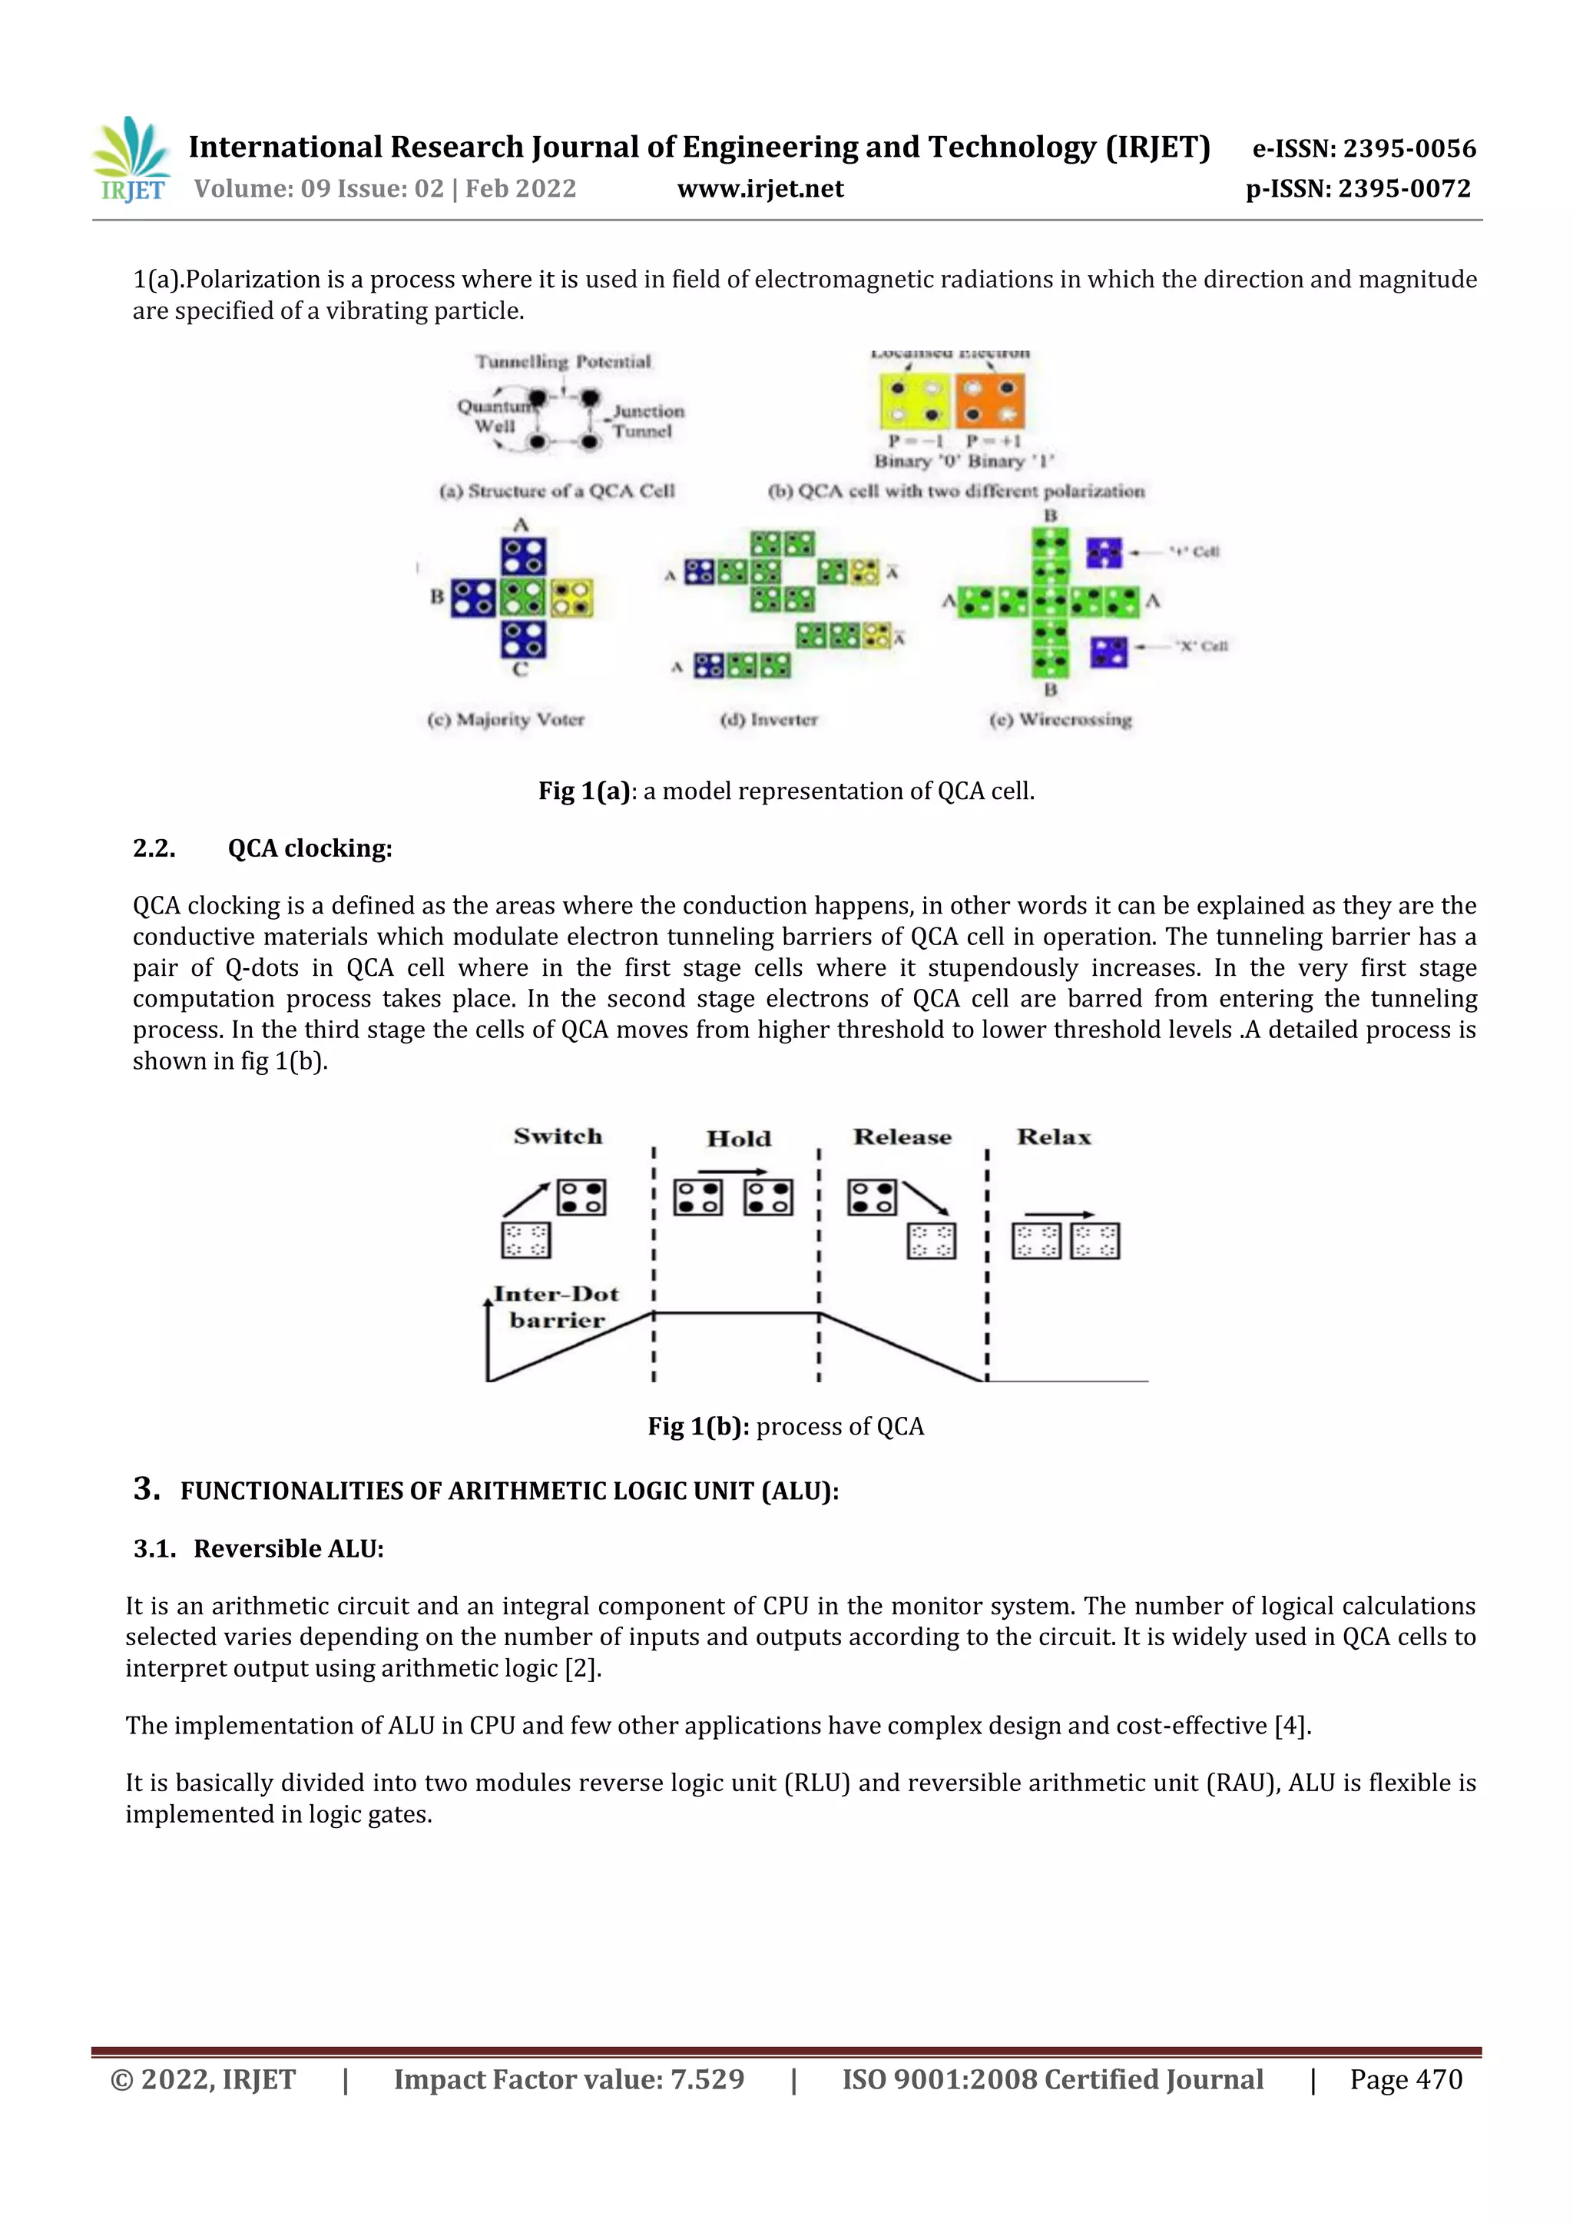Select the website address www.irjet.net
pyautogui.click(x=760, y=189)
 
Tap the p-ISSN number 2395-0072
pyautogui.click(x=1404, y=189)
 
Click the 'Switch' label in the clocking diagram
pyautogui.click(x=558, y=1136)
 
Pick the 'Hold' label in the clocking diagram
pyautogui.click(x=739, y=1138)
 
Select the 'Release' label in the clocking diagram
pyautogui.click(x=902, y=1137)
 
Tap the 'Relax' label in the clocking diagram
pyautogui.click(x=1054, y=1137)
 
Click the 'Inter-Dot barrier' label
pyautogui.click(x=556, y=1307)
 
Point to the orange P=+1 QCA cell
pyautogui.click(x=989, y=403)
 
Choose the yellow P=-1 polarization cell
pyautogui.click(x=915, y=403)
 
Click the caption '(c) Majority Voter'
pyautogui.click(x=506, y=719)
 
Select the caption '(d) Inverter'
pyautogui.click(x=769, y=719)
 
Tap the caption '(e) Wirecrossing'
pyautogui.click(x=1060, y=719)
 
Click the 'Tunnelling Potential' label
pyautogui.click(x=563, y=362)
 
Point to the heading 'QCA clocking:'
pyautogui.click(x=310, y=848)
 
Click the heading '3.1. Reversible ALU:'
pyautogui.click(x=259, y=1548)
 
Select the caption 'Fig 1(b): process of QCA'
pyautogui.click(x=786, y=1426)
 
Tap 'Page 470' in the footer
pyautogui.click(x=1406, y=2078)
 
